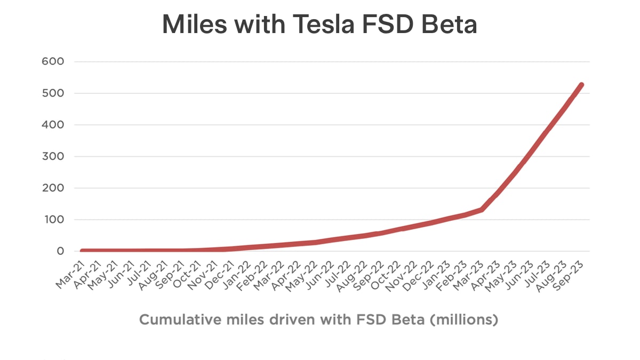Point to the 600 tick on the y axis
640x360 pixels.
(x=53, y=61)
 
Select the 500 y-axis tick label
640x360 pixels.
(x=53, y=93)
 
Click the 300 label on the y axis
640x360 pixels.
(x=53, y=156)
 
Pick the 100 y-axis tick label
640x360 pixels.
(x=53, y=220)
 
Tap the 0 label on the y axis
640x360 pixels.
(x=60, y=251)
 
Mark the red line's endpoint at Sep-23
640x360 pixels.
(x=581, y=85)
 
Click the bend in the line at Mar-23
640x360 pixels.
(x=482, y=210)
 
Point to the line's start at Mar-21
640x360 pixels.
(x=82, y=251)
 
